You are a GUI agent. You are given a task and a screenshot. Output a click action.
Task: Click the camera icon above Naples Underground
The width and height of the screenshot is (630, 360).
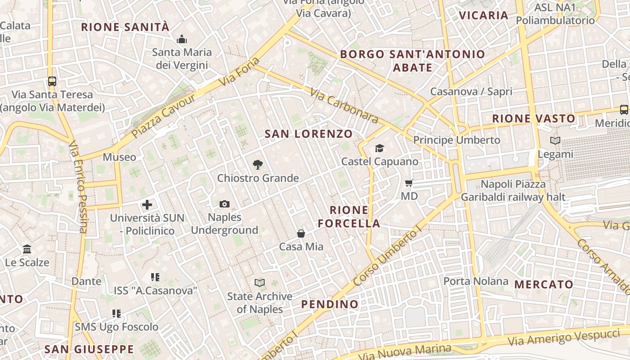click(x=225, y=204)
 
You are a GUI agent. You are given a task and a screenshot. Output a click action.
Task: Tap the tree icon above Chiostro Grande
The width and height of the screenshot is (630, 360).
click(x=258, y=165)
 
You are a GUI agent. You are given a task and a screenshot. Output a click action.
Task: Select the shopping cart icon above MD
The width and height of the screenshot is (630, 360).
click(x=409, y=183)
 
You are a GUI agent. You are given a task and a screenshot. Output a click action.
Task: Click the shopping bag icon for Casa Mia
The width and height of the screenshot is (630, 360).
click(x=301, y=234)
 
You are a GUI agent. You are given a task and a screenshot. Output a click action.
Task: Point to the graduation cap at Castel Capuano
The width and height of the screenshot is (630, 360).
click(x=380, y=148)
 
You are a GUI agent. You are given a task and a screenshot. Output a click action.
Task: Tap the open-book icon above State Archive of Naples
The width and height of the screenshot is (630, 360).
click(x=260, y=283)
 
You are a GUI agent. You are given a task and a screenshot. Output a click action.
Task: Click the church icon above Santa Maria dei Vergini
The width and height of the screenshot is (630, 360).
click(x=182, y=39)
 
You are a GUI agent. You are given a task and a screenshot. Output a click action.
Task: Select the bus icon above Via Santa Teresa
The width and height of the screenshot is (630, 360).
click(x=52, y=81)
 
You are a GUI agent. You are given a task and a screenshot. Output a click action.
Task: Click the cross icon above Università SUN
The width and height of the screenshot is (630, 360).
click(x=147, y=205)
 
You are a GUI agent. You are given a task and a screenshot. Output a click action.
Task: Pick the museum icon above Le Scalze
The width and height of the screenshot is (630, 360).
click(x=27, y=249)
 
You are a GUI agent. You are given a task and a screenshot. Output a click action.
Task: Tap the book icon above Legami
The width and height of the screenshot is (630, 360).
click(x=555, y=141)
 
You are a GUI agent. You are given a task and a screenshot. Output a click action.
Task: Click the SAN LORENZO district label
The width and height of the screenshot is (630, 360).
click(x=309, y=134)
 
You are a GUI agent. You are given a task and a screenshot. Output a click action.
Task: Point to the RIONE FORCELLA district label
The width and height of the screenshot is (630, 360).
click(x=349, y=217)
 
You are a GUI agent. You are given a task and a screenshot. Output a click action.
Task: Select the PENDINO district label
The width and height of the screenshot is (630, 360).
click(x=330, y=305)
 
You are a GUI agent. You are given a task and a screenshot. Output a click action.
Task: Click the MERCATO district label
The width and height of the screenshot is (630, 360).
click(x=544, y=284)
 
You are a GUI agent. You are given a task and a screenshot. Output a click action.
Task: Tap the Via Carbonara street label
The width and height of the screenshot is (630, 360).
click(x=344, y=105)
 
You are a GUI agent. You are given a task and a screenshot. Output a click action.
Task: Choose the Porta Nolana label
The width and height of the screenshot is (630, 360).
click(x=476, y=282)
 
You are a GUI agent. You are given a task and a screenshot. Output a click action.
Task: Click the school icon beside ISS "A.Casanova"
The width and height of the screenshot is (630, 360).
click(x=155, y=277)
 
